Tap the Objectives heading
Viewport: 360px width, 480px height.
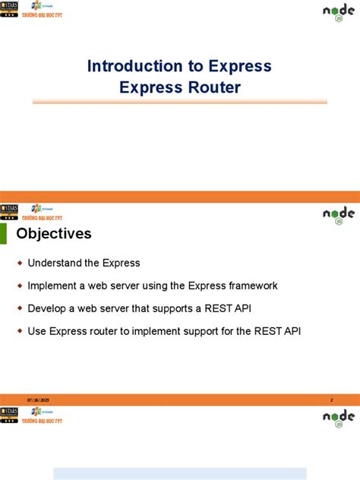tap(54, 233)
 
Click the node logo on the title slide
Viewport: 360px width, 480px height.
tap(338, 12)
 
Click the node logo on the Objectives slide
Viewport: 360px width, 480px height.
tap(338, 215)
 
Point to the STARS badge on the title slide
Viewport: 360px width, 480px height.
tap(10, 11)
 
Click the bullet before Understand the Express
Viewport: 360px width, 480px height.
tap(21, 263)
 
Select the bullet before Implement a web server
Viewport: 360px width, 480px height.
tap(21, 286)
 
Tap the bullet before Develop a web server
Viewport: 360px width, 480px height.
tap(21, 308)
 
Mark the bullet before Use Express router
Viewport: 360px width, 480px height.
tap(21, 331)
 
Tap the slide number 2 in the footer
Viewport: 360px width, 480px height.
tap(331, 399)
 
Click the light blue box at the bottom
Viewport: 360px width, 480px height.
tap(179, 473)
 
